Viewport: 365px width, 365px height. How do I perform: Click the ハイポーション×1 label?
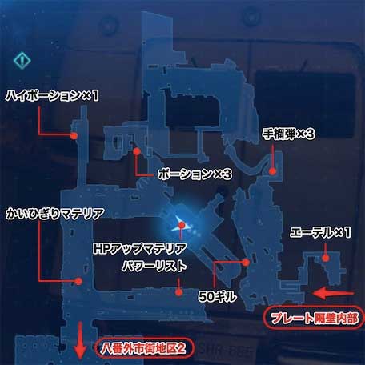point(52,95)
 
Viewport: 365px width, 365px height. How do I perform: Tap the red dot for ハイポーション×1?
point(74,136)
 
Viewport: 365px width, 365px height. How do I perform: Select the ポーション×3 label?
point(195,174)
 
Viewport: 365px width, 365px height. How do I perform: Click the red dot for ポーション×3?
point(137,151)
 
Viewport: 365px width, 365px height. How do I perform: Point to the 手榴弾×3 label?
point(289,134)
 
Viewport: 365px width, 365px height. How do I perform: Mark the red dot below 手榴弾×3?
point(272,171)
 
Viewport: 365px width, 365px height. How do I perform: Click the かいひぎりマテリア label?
point(55,214)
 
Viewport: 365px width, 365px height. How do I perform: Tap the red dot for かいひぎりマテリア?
point(78,281)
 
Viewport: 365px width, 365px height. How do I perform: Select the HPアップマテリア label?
point(140,249)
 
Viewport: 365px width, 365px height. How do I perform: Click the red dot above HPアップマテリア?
point(182,225)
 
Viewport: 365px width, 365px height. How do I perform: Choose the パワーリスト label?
point(154,267)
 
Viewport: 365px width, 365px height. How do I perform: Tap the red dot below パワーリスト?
point(179,292)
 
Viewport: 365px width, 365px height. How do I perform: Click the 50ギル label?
point(218,296)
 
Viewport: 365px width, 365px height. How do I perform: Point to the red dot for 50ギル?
point(246,263)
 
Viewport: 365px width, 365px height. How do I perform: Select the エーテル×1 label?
point(320,232)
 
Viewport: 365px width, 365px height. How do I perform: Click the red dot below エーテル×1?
point(325,258)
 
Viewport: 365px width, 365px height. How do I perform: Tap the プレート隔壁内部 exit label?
point(314,319)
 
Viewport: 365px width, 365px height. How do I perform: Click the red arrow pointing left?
point(334,293)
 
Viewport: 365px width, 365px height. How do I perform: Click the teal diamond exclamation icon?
point(22,61)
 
